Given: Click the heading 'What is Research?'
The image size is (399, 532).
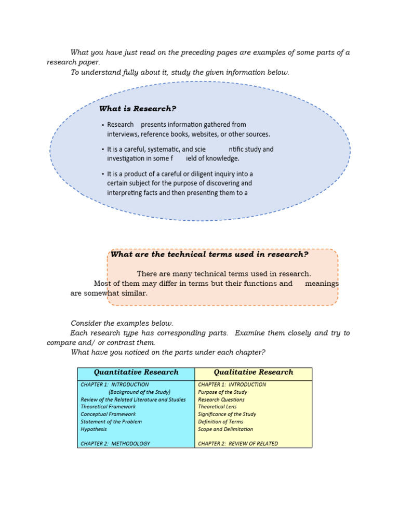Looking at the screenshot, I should pos(138,109).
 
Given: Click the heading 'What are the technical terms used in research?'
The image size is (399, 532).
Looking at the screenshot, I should pos(209,254).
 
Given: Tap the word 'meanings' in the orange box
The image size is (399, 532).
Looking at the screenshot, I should pos(322,284).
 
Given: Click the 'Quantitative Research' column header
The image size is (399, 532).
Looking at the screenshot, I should pos(136,373).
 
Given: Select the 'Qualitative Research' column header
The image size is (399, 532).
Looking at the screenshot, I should pos(254,373).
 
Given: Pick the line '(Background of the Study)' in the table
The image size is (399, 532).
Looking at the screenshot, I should pos(139,392).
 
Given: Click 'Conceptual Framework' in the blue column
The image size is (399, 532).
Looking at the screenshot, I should pos(108,414).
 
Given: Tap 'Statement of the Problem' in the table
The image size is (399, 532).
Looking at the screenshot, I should pos(111,421).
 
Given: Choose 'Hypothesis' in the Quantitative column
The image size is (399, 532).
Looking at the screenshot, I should pos(94,429).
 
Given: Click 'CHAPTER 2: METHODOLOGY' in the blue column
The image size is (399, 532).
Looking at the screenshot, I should pos(115,444).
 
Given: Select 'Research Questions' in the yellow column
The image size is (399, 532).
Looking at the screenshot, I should pos(221,400).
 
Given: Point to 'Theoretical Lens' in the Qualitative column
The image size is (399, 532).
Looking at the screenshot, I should pos(217,407).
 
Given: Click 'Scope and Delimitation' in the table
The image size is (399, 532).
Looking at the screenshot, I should pos(225,429).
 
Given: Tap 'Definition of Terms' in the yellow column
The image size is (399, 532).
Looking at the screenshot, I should pos(220,421).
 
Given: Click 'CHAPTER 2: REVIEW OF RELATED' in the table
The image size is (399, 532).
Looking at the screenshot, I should pos(238,444).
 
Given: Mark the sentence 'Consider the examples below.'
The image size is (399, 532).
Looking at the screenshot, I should pos(122,323).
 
